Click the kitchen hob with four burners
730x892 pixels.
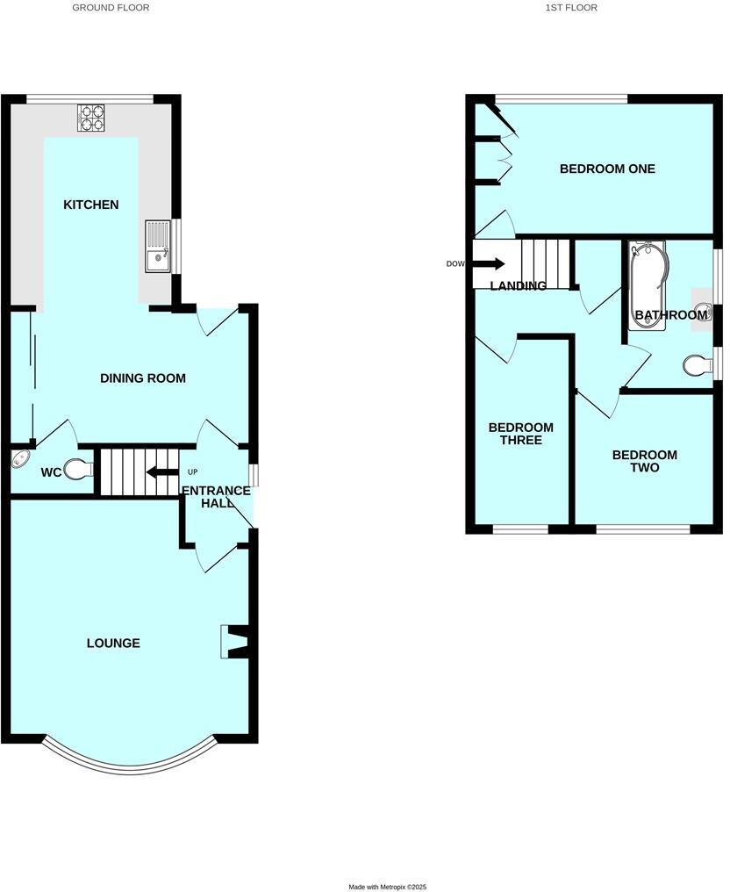click(91, 118)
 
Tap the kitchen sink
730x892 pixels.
click(157, 248)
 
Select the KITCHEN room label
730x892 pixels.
click(90, 205)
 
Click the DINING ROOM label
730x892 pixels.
click(142, 378)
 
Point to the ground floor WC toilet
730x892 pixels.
click(80, 470)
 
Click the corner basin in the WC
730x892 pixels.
click(19, 460)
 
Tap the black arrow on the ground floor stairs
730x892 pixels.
click(161, 472)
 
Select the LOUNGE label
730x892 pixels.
click(113, 644)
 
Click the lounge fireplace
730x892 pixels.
click(234, 641)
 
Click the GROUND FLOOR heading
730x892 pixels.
click(111, 8)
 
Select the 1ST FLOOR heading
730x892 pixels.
click(571, 8)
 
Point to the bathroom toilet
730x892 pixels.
click(697, 364)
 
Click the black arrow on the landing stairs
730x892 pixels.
click(490, 263)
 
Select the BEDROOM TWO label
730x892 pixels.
click(644, 461)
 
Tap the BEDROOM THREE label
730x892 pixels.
click(520, 434)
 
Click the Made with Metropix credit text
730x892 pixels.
click(387, 887)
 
